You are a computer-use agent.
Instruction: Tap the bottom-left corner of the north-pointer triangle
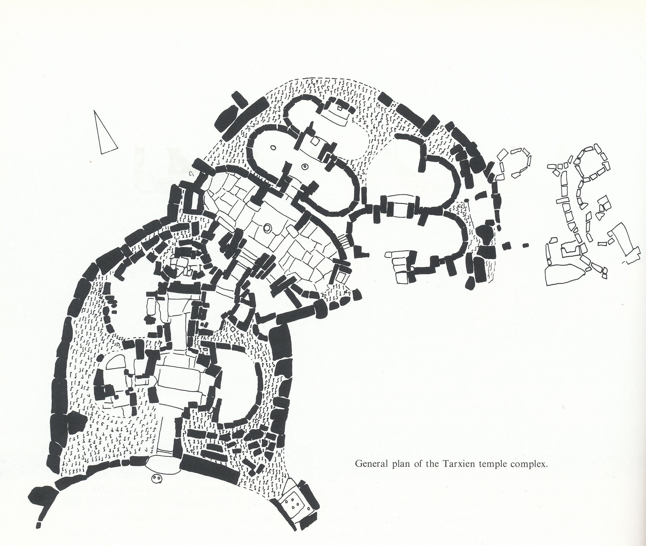(101, 153)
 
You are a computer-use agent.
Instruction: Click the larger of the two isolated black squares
(506, 246)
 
